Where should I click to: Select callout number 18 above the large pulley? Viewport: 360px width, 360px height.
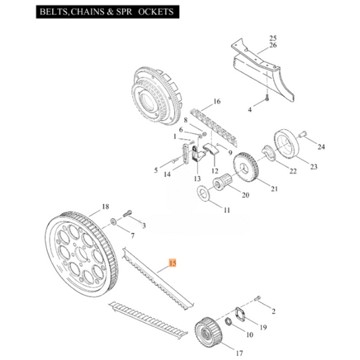click(105, 206)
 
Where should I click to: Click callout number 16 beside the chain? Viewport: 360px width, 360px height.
click(217, 102)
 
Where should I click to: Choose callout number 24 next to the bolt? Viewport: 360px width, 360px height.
click(321, 147)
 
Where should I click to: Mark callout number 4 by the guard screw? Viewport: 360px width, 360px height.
click(249, 108)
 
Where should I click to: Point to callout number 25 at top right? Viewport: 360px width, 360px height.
click(273, 38)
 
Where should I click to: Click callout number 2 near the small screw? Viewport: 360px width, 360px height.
click(273, 311)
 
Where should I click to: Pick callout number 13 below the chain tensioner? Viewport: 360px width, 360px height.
click(197, 179)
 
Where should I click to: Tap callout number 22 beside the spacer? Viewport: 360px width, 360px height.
click(292, 172)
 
